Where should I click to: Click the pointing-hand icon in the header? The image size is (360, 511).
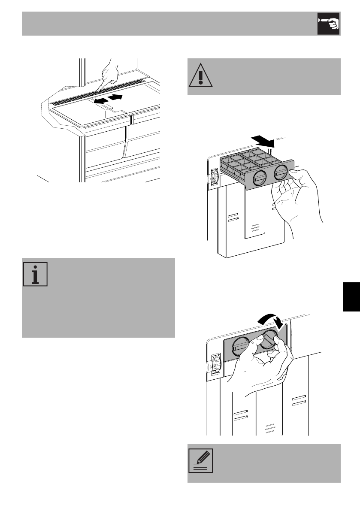tap(328, 24)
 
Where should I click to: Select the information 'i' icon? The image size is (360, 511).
tap(35, 273)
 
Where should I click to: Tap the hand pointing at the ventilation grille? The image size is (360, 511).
tap(108, 73)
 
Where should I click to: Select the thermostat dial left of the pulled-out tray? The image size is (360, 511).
tap(215, 178)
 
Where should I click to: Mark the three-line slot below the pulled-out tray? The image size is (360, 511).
tap(255, 227)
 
